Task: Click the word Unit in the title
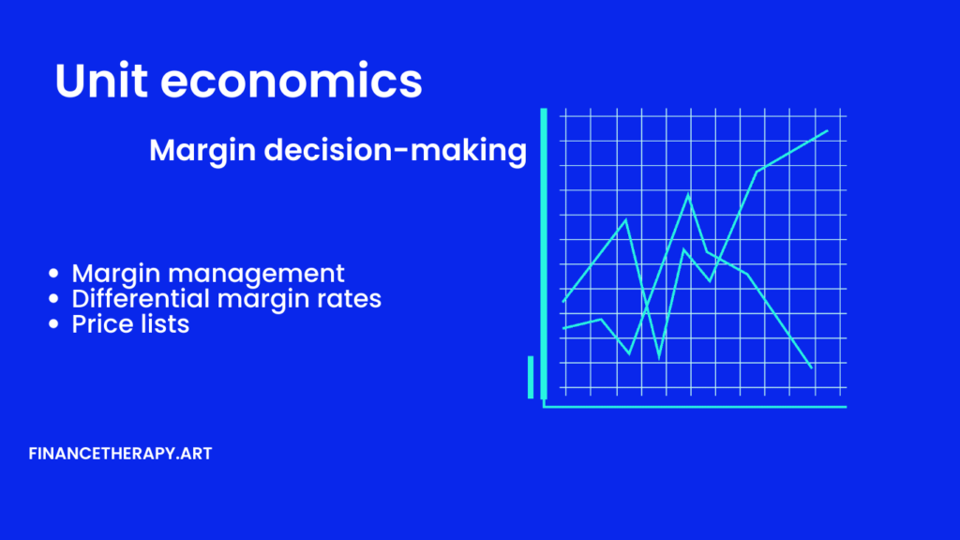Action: click(x=101, y=81)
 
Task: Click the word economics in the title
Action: click(x=292, y=81)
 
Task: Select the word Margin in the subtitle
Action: click(x=202, y=151)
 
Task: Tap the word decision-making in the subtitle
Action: click(x=396, y=151)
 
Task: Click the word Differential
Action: click(x=141, y=298)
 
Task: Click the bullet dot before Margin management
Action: click(x=53, y=273)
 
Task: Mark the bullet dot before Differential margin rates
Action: click(x=53, y=299)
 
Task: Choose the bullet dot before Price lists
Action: click(x=53, y=323)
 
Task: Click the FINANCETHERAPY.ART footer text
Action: click(x=120, y=454)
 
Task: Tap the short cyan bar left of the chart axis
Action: click(x=531, y=377)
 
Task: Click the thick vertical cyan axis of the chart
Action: click(x=544, y=254)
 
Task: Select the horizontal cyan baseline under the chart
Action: click(x=695, y=407)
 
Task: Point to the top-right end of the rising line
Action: click(x=828, y=130)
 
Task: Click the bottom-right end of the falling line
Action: click(x=812, y=367)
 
